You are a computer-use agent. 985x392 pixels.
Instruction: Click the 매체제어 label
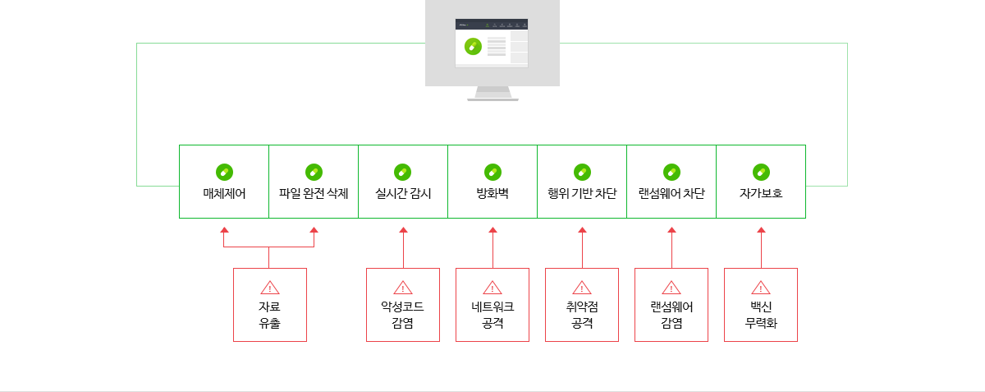[x=224, y=194]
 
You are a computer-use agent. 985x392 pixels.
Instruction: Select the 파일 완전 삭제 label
[x=314, y=194]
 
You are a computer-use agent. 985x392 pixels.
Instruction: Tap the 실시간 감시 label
[x=403, y=194]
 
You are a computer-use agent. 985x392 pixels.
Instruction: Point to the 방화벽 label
[x=492, y=194]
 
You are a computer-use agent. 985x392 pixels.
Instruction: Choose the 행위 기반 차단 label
[x=582, y=194]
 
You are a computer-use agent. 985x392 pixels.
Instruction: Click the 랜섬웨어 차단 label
[x=671, y=194]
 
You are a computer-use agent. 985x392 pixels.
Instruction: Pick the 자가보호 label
[x=761, y=194]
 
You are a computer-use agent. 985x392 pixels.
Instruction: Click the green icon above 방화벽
[x=492, y=172]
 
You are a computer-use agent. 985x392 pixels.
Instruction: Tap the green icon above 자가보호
[x=761, y=172]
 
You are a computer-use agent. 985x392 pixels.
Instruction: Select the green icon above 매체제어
[x=224, y=172]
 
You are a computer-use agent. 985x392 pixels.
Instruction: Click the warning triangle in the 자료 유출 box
[x=270, y=288]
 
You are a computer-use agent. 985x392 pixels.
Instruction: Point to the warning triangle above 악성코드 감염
[x=403, y=288]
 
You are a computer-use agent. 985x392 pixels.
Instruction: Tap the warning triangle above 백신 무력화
[x=761, y=288]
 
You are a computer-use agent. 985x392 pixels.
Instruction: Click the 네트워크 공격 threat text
[x=492, y=315]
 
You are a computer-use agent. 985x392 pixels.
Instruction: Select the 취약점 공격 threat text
[x=582, y=315]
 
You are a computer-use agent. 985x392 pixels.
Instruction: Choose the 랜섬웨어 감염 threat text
[x=671, y=315]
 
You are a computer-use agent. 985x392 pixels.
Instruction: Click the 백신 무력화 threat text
[x=761, y=315]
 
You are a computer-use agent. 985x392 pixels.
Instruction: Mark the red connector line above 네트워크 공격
[x=492, y=251]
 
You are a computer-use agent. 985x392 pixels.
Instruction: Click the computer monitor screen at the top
[x=492, y=44]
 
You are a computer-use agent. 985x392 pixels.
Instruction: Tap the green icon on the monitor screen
[x=471, y=47]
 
